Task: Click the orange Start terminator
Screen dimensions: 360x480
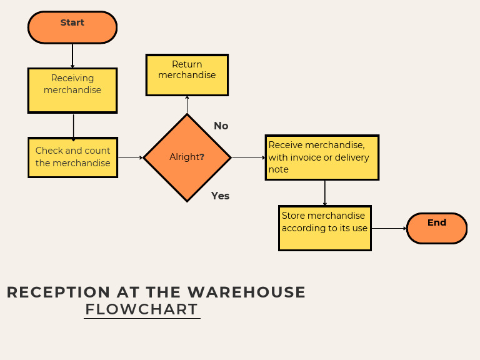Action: point(72,27)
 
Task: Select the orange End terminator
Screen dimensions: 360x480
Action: point(437,228)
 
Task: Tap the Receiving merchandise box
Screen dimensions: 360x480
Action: point(72,91)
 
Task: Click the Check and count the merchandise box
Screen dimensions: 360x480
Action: point(72,157)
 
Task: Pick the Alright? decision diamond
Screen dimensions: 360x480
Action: point(187,157)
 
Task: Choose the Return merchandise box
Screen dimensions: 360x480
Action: point(187,75)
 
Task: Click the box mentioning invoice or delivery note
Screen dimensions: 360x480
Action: point(322,157)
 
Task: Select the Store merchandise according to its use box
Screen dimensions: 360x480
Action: point(325,228)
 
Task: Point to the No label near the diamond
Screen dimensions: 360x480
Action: point(221,126)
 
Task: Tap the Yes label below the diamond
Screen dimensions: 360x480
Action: point(220,196)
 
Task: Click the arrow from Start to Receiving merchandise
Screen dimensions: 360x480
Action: point(72,56)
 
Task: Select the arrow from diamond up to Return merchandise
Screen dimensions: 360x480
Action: point(187,104)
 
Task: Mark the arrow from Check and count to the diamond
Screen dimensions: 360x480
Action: point(130,158)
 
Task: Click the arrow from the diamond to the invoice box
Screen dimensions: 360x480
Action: point(248,158)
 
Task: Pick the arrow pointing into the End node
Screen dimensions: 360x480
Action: point(389,228)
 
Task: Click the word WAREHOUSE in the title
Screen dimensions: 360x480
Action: point(246,292)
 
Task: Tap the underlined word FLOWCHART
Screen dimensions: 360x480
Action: point(142,309)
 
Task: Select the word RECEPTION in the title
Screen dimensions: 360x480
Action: point(58,292)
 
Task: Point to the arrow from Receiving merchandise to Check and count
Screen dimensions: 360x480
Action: point(73,126)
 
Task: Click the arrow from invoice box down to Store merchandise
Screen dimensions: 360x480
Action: point(325,193)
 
